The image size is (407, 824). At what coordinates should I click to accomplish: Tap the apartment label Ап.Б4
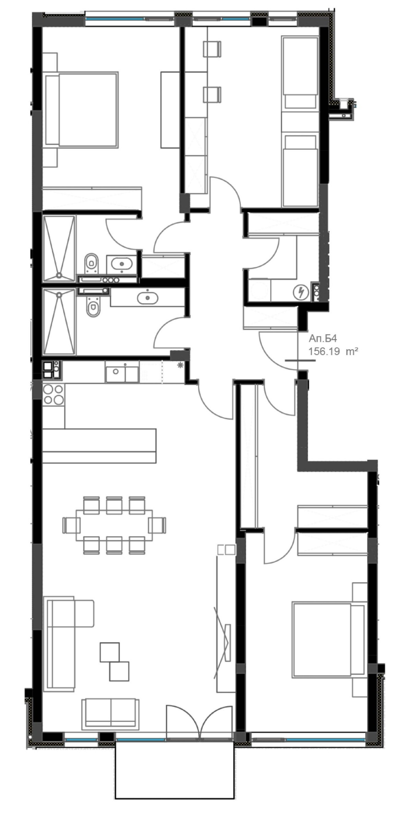tap(323, 339)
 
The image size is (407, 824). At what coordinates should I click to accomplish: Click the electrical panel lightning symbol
tap(301, 293)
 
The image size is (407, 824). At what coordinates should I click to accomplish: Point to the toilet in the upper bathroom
tap(91, 263)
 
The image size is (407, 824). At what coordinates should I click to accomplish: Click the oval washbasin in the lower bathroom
tap(148, 298)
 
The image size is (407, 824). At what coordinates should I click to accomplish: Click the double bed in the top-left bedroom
tap(82, 110)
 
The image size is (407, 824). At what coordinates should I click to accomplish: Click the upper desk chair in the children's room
tap(212, 48)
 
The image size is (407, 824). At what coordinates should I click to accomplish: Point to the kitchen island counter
tap(99, 445)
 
